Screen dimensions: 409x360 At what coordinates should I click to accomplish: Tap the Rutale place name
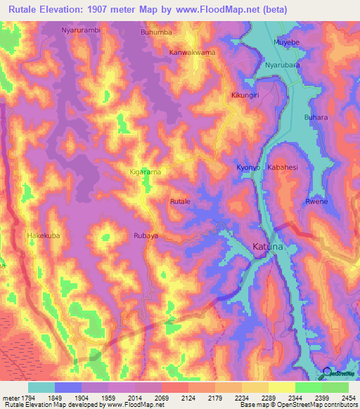pyautogui.click(x=181, y=202)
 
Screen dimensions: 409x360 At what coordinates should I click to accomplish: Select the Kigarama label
pyautogui.click(x=146, y=171)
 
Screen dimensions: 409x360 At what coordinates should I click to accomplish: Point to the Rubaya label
pyautogui.click(x=146, y=236)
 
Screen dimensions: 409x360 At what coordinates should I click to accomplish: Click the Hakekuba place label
pyautogui.click(x=44, y=235)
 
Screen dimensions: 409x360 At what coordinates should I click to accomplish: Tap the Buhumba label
pyautogui.click(x=156, y=32)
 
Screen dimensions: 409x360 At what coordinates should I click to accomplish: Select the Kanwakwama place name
pyautogui.click(x=192, y=52)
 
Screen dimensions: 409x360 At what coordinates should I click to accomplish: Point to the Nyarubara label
pyautogui.click(x=283, y=65)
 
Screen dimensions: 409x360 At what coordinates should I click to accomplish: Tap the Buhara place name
pyautogui.click(x=316, y=117)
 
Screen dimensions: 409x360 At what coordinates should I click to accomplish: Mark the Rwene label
pyautogui.click(x=316, y=202)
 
